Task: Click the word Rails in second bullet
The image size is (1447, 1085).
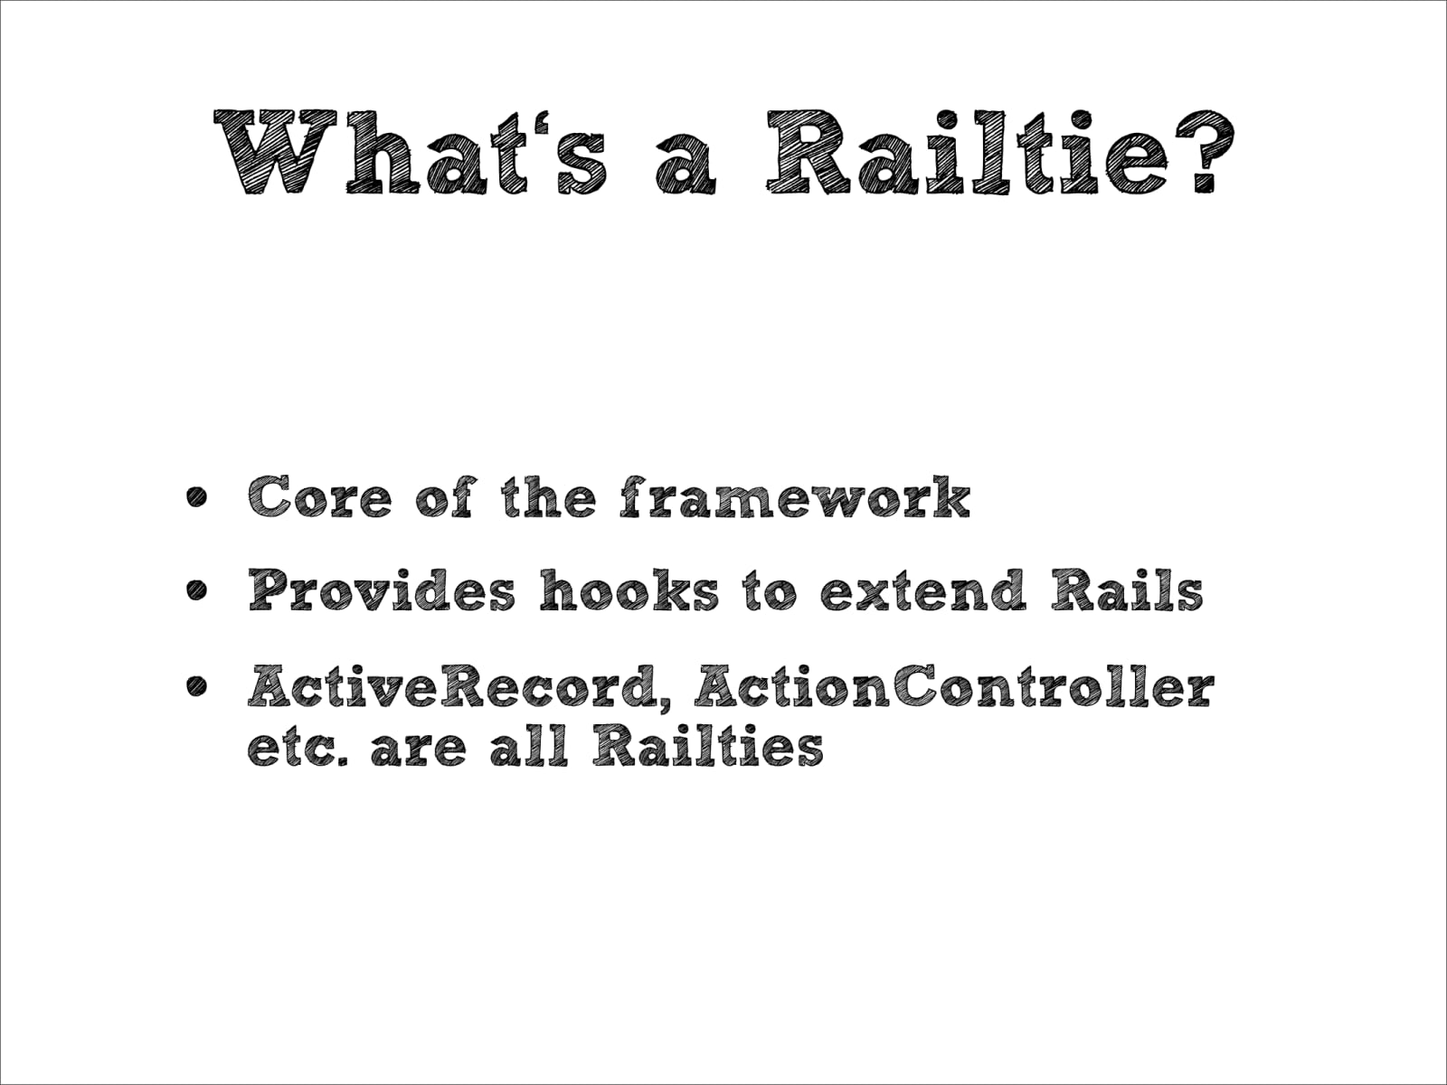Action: [x=1126, y=592]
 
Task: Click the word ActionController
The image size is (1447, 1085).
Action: [x=954, y=688]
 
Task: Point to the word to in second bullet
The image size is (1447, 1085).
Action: [x=771, y=592]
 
